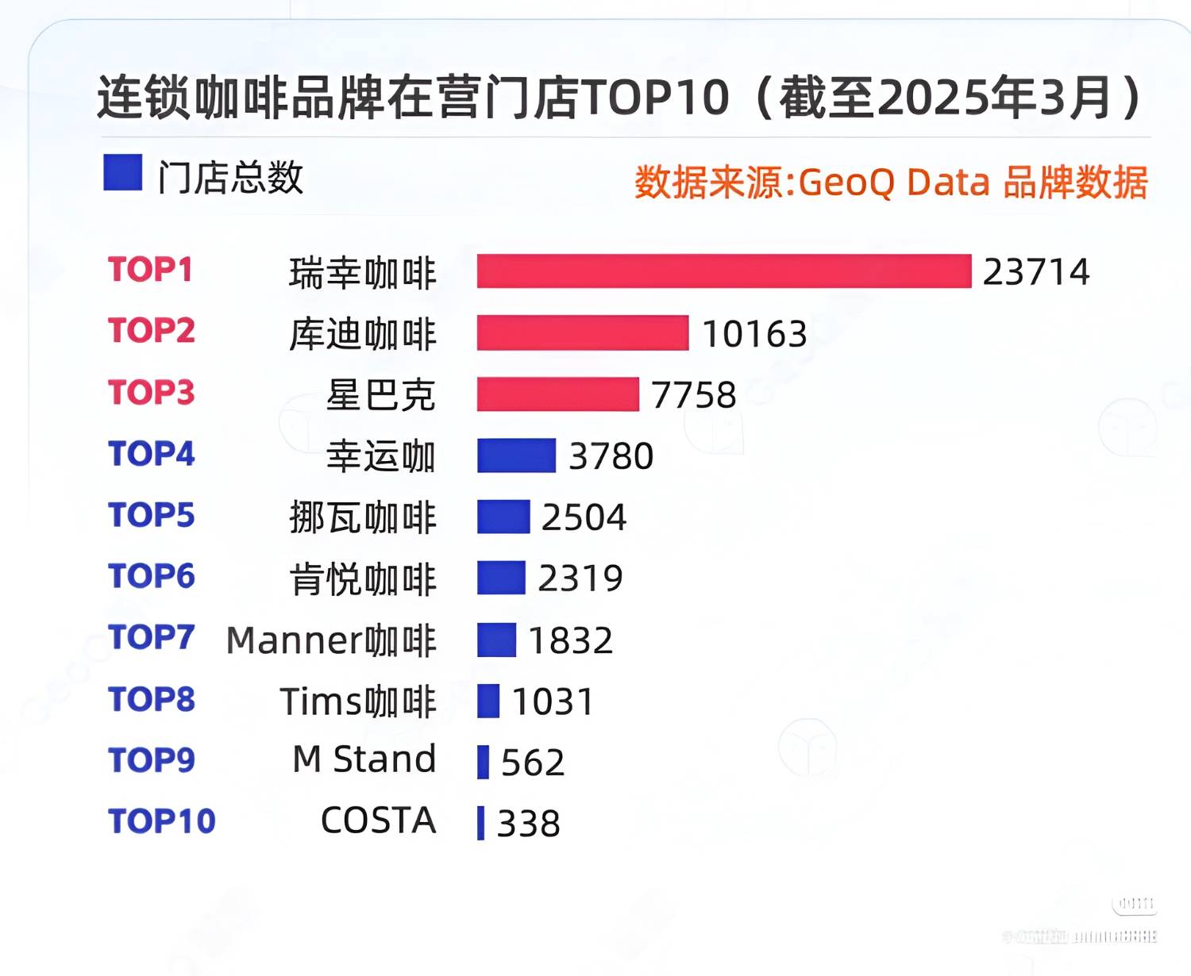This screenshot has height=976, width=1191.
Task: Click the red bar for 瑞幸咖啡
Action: coord(723,271)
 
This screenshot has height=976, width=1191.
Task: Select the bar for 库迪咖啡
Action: coord(582,332)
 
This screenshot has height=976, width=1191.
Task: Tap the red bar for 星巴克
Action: coord(557,394)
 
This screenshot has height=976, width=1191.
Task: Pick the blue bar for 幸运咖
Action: coord(516,455)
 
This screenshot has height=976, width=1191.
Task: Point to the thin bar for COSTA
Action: coord(480,823)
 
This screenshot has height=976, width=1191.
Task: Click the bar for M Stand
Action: coord(483,762)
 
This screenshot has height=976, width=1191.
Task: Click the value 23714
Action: coord(1035,272)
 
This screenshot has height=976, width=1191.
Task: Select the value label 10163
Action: coord(754,333)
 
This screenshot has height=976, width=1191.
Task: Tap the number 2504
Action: coord(584,517)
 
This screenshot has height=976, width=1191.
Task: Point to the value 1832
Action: coord(570,640)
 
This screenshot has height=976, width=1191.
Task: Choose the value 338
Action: coord(528,824)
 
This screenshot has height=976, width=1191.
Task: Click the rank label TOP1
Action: coord(150,270)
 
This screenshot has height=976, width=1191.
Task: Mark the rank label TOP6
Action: coord(151,576)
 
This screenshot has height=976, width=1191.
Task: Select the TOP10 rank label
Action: coord(161,821)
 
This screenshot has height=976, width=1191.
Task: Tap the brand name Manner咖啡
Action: coord(331,640)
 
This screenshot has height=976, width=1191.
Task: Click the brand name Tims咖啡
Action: coord(358,701)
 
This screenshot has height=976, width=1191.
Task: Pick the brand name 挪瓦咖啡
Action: coord(363,517)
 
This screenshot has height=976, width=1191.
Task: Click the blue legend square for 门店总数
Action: coord(122,172)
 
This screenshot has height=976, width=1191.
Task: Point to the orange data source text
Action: coord(890,183)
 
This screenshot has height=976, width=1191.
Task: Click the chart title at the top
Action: coord(619,98)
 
